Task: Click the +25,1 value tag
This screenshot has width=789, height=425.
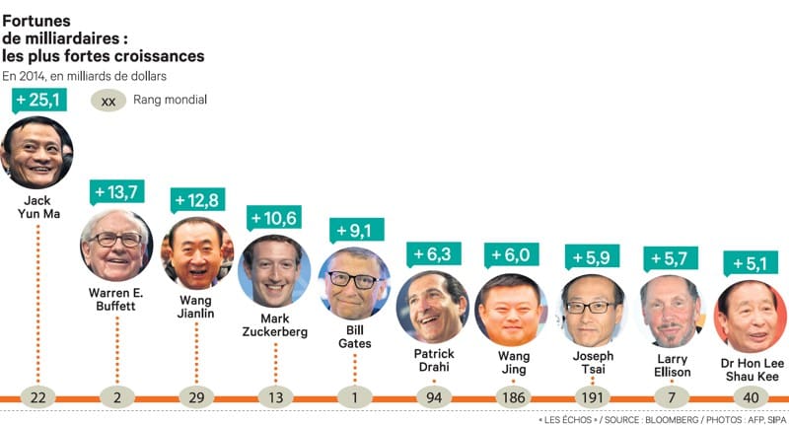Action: (38, 99)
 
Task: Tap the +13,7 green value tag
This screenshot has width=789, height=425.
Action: (116, 190)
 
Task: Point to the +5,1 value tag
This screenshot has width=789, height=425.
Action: (750, 263)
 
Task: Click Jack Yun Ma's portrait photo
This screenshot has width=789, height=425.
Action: (37, 152)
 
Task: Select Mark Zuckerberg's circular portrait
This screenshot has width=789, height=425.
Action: (274, 270)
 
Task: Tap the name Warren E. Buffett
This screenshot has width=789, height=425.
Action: (116, 299)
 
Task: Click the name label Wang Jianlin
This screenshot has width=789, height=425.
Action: (195, 307)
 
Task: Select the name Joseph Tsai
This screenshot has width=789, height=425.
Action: (592, 362)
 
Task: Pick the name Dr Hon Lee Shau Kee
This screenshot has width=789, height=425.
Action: (751, 369)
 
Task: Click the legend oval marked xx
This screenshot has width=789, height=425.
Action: (108, 100)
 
